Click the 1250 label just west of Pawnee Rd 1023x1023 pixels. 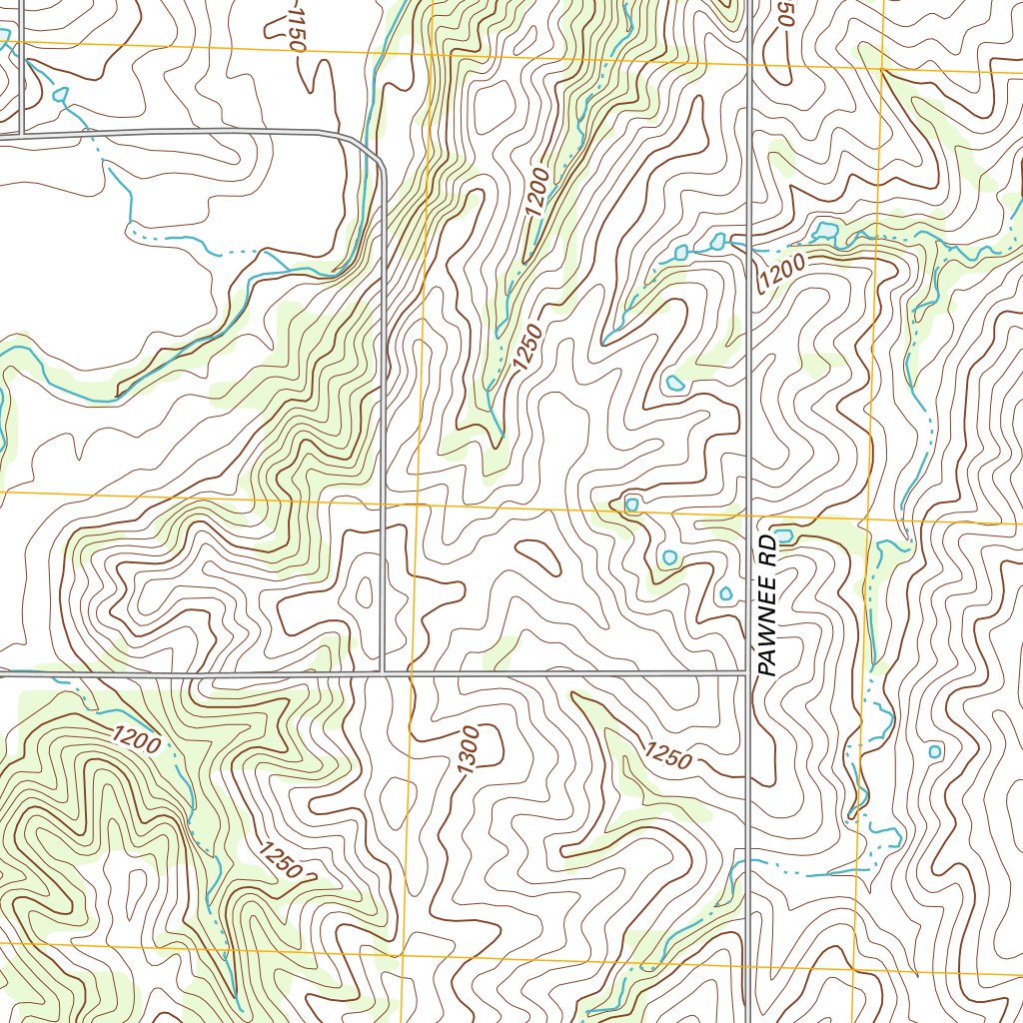pos(667,756)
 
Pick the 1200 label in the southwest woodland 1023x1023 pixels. pos(136,740)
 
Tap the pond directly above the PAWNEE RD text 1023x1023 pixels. pos(783,536)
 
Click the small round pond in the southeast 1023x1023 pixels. pos(935,751)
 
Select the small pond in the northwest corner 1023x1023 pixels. pos(61,95)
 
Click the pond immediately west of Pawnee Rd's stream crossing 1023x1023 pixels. pos(718,241)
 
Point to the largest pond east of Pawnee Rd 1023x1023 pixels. pos(825,232)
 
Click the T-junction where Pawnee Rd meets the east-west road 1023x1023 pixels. pos(749,674)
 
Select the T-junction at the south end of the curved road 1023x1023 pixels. pos(383,674)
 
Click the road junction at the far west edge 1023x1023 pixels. pos(21,133)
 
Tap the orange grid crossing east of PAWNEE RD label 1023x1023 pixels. pos(866,520)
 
